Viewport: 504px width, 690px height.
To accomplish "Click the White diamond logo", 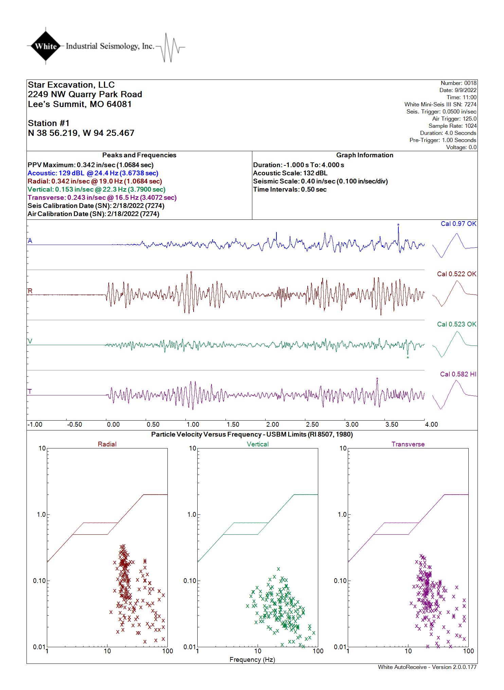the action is coord(46,46).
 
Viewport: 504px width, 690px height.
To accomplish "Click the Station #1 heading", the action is coord(49,123).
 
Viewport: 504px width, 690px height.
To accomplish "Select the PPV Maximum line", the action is coord(91,165).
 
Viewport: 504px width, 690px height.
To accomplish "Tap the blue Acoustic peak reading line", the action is coord(93,173).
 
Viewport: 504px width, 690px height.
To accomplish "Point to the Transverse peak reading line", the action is coord(102,198).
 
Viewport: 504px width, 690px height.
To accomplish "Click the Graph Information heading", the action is coord(365,155).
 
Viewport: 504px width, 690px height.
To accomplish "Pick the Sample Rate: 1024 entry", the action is coord(452,126).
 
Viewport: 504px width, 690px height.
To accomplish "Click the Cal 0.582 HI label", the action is coord(458,374).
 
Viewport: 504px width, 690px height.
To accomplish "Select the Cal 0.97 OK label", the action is coord(458,224).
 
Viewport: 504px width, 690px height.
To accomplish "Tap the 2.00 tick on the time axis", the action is coord(272,425).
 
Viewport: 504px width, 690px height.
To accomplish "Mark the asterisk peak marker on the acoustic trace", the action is coord(398,225).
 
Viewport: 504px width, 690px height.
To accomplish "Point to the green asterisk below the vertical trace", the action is coord(408,358).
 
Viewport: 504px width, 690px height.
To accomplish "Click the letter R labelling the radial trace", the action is coord(30,291).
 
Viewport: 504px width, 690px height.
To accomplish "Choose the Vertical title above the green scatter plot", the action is coord(258,444).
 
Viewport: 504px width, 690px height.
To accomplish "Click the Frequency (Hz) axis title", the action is coord(252,660).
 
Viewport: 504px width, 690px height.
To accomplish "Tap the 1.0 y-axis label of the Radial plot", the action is coord(41,515).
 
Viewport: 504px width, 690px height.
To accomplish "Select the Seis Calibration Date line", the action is coord(96,206).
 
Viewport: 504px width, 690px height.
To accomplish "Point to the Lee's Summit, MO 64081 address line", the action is coord(80,104).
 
